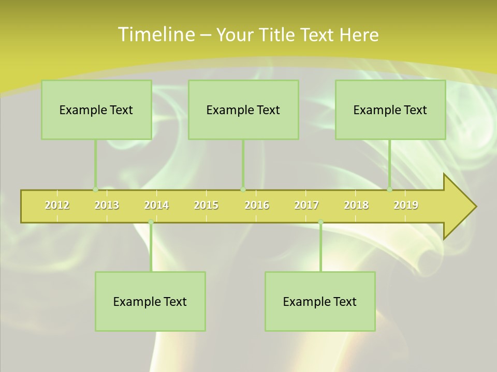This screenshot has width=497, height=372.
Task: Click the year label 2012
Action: (57, 205)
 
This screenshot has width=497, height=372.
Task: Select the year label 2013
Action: (107, 205)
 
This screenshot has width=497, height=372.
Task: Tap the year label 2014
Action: (156, 205)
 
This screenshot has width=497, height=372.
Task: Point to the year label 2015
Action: (206, 205)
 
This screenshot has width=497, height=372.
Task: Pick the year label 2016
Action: (257, 205)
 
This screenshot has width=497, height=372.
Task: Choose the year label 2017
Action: (306, 205)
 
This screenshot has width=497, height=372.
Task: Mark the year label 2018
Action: (356, 205)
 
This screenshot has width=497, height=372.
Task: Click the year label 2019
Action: (406, 205)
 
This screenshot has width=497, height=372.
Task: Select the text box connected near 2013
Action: (96, 110)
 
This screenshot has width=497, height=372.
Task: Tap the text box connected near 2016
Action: (243, 110)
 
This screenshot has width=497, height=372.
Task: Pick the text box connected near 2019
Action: (390, 110)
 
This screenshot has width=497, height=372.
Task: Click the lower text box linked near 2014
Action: (150, 301)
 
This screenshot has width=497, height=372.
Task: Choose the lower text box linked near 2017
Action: (320, 301)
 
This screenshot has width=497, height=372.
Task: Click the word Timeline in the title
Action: (156, 35)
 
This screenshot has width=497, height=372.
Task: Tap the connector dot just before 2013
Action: (95, 190)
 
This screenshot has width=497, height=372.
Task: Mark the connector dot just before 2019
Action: (390, 190)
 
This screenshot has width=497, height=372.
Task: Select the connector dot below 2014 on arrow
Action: (151, 222)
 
